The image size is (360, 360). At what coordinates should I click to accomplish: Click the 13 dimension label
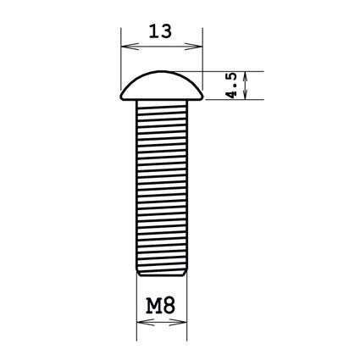point(160,31)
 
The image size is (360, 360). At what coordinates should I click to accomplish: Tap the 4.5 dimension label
point(231,86)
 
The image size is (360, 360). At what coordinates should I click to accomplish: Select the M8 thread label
point(161,306)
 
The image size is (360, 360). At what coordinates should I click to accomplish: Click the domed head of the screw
point(162,86)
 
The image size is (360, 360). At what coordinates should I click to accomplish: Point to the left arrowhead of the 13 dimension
point(130,47)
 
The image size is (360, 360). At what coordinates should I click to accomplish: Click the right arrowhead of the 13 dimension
point(194,47)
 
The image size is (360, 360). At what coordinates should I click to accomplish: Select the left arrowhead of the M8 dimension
point(146,322)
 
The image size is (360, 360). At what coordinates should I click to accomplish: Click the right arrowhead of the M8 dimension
point(178,322)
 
